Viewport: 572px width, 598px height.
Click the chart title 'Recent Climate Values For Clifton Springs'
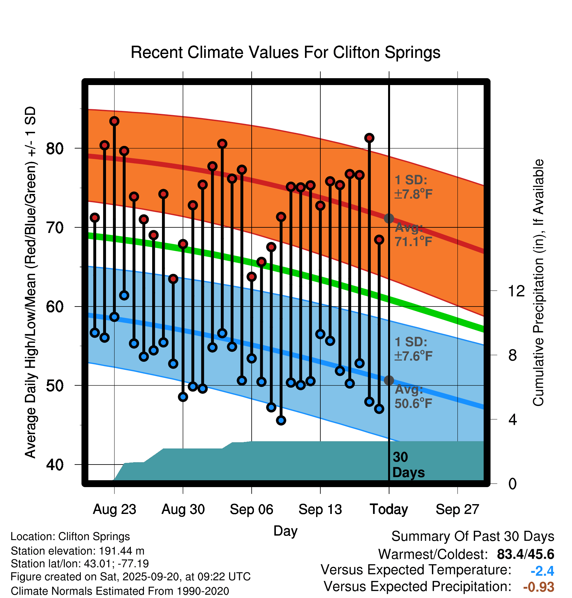[285, 52]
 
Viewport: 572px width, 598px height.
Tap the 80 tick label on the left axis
[55, 149]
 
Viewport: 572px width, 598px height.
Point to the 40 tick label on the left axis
[55, 465]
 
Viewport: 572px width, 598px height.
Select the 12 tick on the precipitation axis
[516, 291]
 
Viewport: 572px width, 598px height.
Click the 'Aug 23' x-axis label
[114, 509]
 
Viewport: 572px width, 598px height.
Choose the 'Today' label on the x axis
[389, 509]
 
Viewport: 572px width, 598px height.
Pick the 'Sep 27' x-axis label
[457, 509]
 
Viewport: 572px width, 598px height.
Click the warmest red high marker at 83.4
[114, 121]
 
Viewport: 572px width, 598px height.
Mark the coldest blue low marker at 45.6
[281, 420]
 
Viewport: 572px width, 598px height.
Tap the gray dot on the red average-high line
[389, 218]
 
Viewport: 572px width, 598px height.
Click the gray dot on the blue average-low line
[389, 380]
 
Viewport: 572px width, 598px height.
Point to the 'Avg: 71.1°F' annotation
[413, 235]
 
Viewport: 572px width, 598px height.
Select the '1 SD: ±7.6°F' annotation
[413, 349]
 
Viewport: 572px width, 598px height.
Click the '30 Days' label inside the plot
[408, 465]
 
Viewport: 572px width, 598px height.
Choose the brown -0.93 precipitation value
[539, 587]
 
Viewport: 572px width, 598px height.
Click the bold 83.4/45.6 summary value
[525, 554]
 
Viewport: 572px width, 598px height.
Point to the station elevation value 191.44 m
[121, 551]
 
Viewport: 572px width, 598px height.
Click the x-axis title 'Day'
[285, 531]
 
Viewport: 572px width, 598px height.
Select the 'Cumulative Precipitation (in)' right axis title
[538, 283]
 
